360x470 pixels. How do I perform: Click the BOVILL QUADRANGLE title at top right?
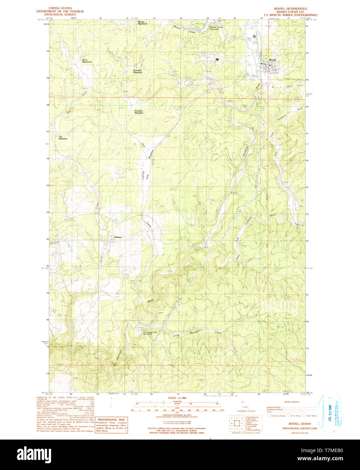tap(291, 8)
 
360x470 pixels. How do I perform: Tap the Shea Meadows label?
tap(87, 61)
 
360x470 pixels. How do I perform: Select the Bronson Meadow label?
tap(137, 71)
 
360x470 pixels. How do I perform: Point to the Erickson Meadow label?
tap(139, 112)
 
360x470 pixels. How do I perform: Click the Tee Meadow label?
tap(63, 138)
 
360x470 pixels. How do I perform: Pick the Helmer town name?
tap(118, 237)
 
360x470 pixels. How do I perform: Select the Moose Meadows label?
tap(142, 23)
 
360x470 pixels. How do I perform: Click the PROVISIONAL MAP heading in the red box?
tap(111, 420)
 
